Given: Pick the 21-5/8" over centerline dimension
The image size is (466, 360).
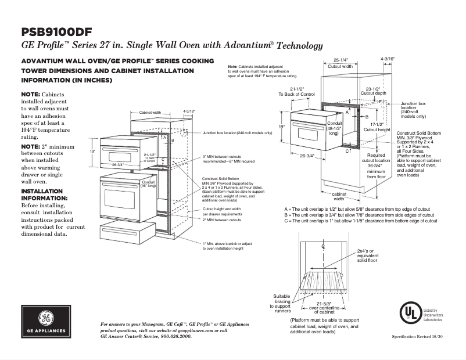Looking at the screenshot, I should click(x=321, y=307).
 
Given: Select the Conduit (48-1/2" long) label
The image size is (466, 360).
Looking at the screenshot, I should click(x=334, y=128).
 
